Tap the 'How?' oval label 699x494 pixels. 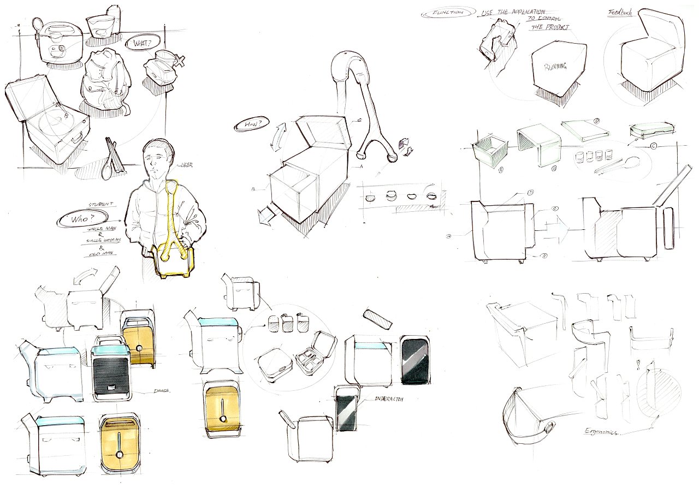coord(250,124)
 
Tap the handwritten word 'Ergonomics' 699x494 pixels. coord(600,431)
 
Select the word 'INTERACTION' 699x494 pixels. coord(389,399)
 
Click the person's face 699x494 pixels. coord(158,158)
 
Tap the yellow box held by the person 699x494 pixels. coord(173,262)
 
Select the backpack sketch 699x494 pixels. coord(104,82)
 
